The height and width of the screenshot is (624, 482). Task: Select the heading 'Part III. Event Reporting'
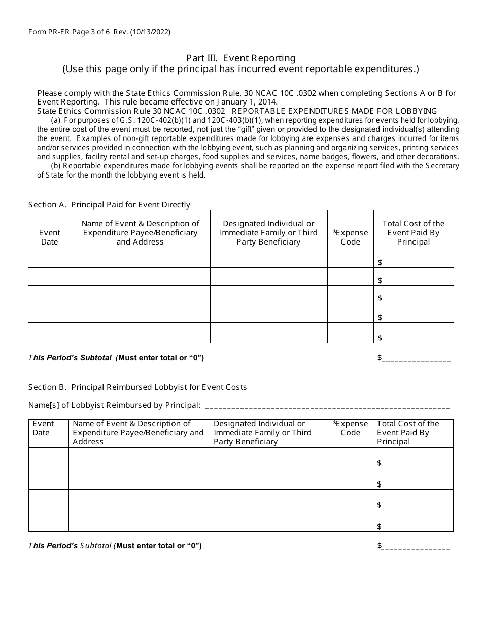coord(240,58)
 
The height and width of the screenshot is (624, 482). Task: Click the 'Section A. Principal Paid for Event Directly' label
coord(109,205)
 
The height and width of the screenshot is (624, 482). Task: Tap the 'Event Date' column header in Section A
coord(49,237)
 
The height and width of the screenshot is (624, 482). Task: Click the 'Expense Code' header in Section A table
coord(351,237)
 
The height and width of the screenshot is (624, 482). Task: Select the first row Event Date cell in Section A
coord(49,257)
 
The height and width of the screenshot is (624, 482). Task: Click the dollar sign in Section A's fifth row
coord(380,338)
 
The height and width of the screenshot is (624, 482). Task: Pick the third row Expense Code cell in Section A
coord(351,294)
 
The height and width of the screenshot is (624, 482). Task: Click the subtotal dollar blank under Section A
coord(416,358)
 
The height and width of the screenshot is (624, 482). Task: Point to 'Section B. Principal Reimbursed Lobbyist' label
coord(137,387)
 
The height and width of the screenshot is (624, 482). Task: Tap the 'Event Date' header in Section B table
coord(43,428)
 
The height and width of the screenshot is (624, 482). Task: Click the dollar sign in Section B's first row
coord(380,463)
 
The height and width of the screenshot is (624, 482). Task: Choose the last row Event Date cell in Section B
coord(49,521)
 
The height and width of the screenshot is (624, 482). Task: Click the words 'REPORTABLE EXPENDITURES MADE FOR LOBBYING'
coord(334,111)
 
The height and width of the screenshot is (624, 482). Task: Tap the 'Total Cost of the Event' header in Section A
coord(414,232)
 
